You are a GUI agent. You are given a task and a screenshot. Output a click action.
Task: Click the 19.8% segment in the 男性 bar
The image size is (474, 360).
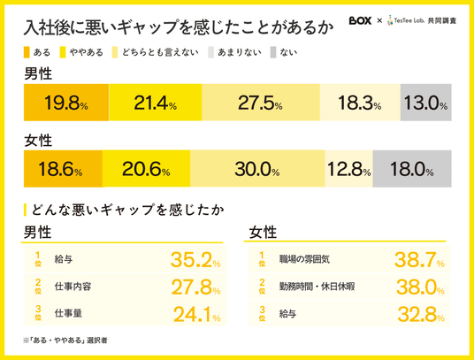tap(66, 103)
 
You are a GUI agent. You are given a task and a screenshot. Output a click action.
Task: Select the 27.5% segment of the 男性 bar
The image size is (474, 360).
tap(261, 103)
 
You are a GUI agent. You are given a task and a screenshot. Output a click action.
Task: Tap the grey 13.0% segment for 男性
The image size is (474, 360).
tap(426, 103)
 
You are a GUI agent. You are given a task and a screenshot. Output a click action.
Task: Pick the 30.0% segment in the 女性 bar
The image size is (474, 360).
tap(257, 169)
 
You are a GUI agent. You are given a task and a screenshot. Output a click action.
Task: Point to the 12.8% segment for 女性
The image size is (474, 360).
tap(348, 169)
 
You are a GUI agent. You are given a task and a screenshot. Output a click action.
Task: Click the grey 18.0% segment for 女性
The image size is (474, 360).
tap(412, 169)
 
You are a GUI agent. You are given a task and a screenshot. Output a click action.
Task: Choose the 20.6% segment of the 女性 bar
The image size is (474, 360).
tap(146, 169)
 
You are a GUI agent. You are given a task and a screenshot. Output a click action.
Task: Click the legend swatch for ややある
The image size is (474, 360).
tap(63, 52)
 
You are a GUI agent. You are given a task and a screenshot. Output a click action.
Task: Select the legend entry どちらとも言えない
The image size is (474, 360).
tap(156, 52)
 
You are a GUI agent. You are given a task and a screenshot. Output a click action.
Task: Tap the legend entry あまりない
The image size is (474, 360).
tap(235, 52)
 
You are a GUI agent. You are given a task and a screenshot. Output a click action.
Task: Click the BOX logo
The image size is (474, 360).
tap(360, 20)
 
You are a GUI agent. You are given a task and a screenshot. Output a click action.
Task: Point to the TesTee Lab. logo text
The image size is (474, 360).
tap(409, 20)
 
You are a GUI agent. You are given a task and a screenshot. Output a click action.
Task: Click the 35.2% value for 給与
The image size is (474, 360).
tap(195, 260)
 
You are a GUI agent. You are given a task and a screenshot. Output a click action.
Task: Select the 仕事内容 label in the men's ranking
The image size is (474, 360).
tap(73, 287)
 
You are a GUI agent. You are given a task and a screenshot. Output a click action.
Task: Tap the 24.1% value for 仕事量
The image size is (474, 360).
tap(197, 314)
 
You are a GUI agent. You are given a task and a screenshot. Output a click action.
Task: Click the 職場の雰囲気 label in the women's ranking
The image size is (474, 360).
tap(304, 259)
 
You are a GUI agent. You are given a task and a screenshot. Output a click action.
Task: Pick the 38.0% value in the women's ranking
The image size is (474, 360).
tap(420, 287)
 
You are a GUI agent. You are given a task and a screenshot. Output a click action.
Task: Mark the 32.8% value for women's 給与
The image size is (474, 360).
tap(421, 314)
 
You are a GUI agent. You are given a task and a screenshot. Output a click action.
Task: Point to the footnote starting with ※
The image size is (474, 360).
tap(65, 341)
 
